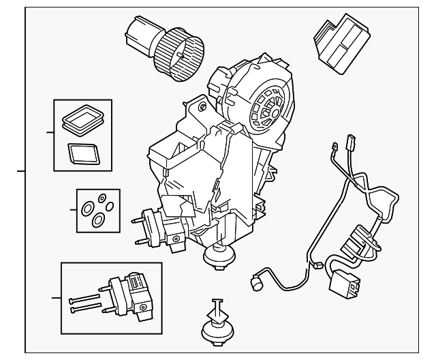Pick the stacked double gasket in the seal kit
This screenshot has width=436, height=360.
point(80,121)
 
